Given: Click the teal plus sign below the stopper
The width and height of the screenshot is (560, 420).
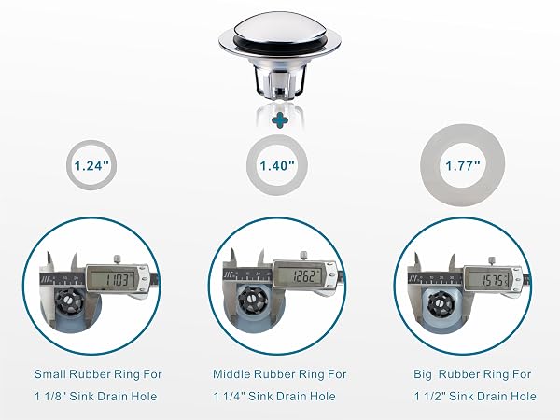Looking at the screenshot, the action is pyautogui.click(x=280, y=120).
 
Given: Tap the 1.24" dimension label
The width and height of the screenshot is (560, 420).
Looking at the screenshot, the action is pyautogui.click(x=91, y=166).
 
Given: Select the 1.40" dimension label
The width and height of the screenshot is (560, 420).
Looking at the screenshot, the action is pyautogui.click(x=277, y=165).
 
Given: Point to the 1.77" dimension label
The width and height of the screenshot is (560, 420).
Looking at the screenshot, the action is pyautogui.click(x=463, y=166).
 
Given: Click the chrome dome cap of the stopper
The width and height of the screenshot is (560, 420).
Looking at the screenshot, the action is pyautogui.click(x=279, y=26).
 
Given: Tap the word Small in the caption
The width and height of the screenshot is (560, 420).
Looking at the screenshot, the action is pyautogui.click(x=49, y=374).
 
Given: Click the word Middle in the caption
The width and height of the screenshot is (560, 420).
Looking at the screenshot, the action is pyautogui.click(x=231, y=374).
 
